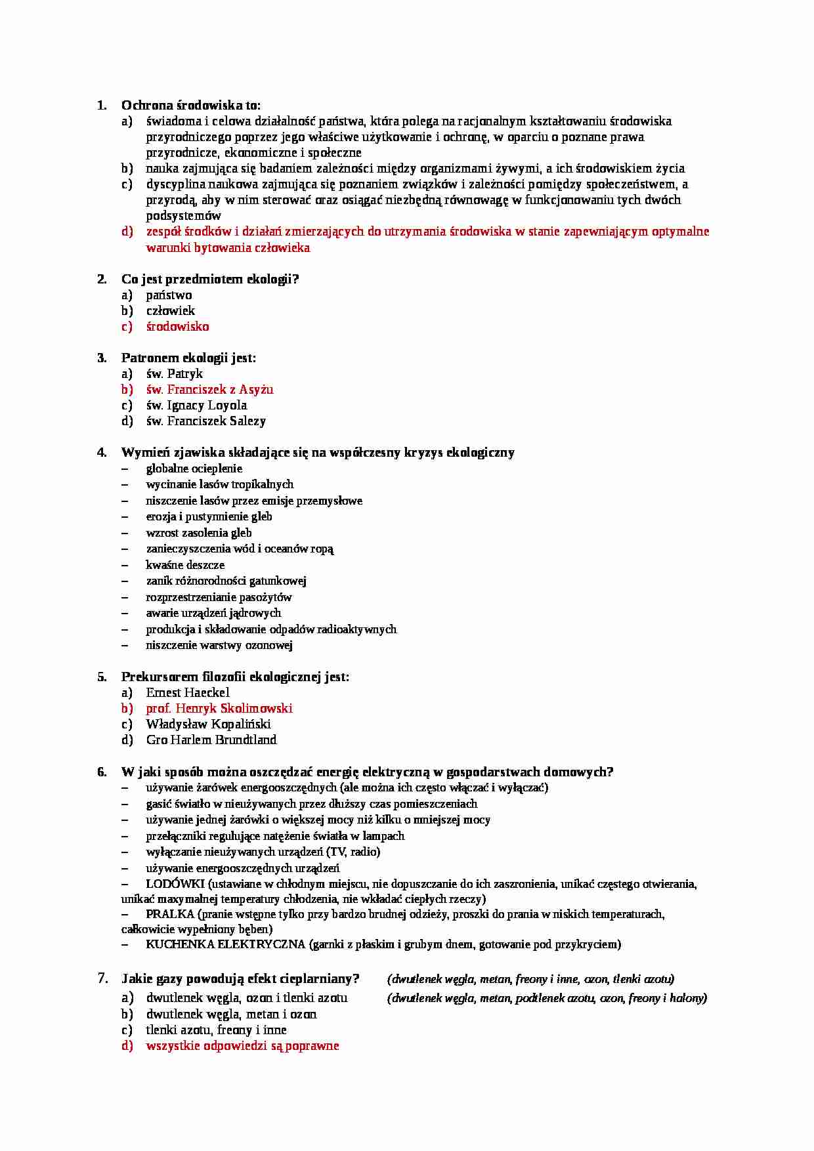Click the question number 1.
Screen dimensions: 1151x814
[x=101, y=106]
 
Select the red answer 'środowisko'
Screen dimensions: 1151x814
[x=177, y=327]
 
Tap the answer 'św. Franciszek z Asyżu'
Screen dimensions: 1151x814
[x=209, y=390]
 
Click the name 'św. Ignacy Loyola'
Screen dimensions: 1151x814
[x=196, y=406]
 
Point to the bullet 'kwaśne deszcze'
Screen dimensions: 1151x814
[x=185, y=565]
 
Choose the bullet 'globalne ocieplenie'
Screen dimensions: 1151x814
[x=194, y=469]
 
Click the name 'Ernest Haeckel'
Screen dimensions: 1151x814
[x=188, y=693]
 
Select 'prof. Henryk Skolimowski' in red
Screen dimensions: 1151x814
[x=219, y=709]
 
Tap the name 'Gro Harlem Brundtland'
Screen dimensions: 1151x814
[x=211, y=740]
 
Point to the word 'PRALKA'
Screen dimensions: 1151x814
[x=170, y=914]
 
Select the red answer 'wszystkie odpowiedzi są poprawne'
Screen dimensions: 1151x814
[x=242, y=1046]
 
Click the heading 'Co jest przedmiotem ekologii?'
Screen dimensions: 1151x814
[x=210, y=280]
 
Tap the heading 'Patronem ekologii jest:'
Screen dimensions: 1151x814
[x=188, y=358]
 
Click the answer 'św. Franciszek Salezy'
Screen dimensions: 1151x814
[x=205, y=421]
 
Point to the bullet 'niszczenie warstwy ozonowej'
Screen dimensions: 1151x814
[x=219, y=645]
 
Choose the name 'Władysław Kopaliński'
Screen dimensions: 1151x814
[x=208, y=724]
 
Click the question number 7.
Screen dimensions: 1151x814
[x=102, y=978]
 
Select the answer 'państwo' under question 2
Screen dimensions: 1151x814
[x=169, y=295]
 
